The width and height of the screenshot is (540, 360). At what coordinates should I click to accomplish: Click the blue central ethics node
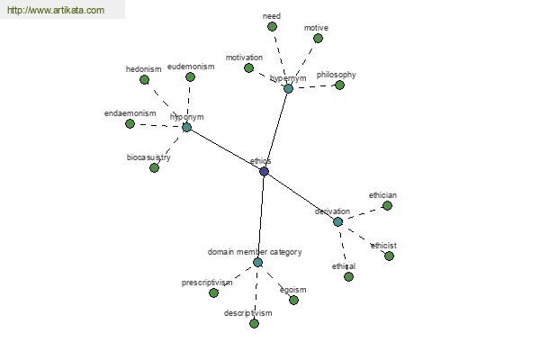tap(264, 171)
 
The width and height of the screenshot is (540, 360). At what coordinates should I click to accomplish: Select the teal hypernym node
tap(288, 88)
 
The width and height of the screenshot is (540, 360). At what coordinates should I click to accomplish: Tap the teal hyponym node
tap(186, 127)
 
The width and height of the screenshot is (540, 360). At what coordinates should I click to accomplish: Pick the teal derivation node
tap(337, 221)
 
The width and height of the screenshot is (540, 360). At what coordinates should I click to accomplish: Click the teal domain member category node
tap(257, 263)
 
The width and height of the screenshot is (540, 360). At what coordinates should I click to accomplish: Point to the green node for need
tap(272, 26)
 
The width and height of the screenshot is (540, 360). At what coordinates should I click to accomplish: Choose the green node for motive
tap(318, 38)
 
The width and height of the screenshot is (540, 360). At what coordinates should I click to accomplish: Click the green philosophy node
tap(339, 85)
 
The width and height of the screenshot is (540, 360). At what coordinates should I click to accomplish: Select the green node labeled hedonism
tap(144, 79)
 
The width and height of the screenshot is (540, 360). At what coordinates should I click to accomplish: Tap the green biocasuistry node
tap(154, 167)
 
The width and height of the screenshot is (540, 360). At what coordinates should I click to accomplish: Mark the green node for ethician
tap(387, 206)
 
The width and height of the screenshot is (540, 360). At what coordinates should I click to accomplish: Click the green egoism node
tap(293, 300)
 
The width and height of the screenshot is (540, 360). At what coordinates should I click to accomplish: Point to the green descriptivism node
tap(254, 323)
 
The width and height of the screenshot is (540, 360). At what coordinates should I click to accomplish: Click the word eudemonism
tap(191, 67)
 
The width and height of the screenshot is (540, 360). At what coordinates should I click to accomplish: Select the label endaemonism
tap(130, 113)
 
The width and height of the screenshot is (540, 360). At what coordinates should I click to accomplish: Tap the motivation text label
tap(244, 58)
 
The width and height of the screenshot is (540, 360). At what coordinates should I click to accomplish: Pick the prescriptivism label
tap(207, 283)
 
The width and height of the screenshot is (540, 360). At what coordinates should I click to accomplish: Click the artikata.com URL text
tap(56, 10)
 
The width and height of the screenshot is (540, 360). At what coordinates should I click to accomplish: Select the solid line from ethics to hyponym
tap(225, 149)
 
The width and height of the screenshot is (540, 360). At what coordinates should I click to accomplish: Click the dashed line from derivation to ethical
tap(343, 249)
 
